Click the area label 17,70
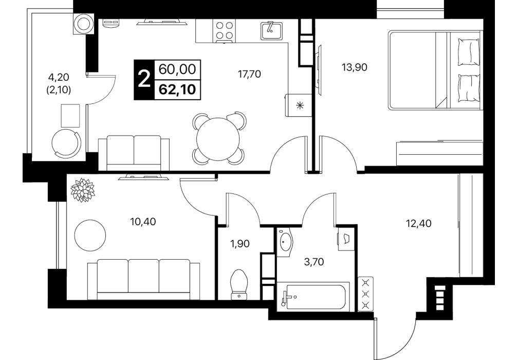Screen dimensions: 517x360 pyautogui.click(x=249, y=74)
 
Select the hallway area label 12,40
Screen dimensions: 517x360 pyautogui.click(x=418, y=224)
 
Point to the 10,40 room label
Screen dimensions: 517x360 pyautogui.click(x=143, y=222)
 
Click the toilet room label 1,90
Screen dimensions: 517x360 pyautogui.click(x=239, y=244)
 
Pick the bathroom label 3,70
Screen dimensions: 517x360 pyautogui.click(x=313, y=262)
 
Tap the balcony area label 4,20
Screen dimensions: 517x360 pyautogui.click(x=59, y=77)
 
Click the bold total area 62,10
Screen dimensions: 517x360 pyautogui.click(x=177, y=89)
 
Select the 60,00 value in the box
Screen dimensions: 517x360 pyautogui.click(x=177, y=69)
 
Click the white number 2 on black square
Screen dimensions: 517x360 pyautogui.click(x=144, y=80)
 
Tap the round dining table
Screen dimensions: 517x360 pyautogui.click(x=218, y=139)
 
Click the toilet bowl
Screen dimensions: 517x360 pyautogui.click(x=239, y=284)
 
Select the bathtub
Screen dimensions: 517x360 pyautogui.click(x=313, y=296)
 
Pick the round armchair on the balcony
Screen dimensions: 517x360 pyautogui.click(x=66, y=143)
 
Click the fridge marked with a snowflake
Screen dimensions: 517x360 pyautogui.click(x=299, y=105)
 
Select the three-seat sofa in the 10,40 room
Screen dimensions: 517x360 pyautogui.click(x=143, y=279)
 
